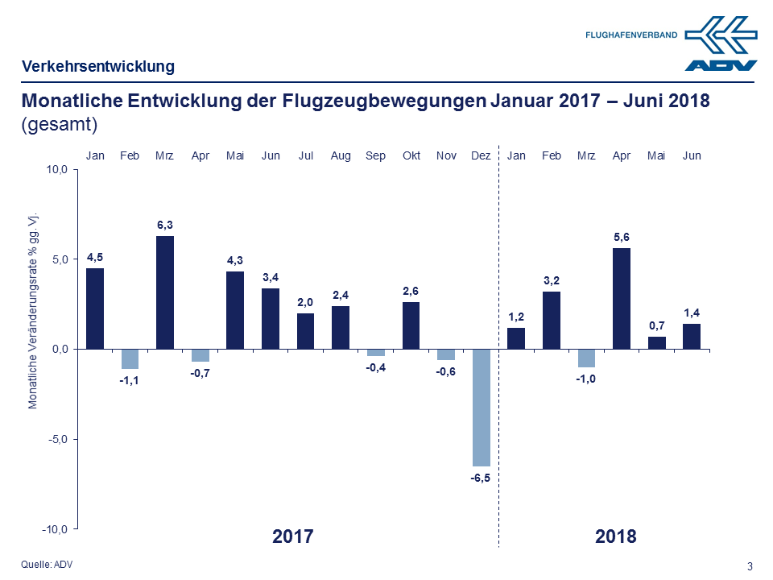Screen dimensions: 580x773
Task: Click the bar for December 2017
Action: coord(481,408)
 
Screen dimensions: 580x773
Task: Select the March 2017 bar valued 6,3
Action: coord(165,292)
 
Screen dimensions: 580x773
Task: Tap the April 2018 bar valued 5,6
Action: coord(622,299)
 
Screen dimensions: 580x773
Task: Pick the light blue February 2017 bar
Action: coord(130,358)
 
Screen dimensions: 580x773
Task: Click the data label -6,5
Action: coord(481,478)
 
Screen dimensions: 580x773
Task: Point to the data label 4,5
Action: coord(95,257)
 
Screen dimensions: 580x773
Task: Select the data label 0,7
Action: coord(657,325)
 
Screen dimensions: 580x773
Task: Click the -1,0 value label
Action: coord(586,379)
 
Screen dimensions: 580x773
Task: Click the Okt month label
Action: coord(411,155)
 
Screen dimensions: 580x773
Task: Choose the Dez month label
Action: coord(481,155)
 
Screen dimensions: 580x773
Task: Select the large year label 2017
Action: coord(292,536)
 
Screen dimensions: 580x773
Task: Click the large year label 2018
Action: coord(616,536)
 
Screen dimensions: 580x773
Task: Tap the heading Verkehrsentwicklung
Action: coord(98,67)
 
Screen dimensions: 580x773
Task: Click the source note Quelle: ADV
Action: coord(46,564)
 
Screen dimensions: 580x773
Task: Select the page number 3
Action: coord(750,566)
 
